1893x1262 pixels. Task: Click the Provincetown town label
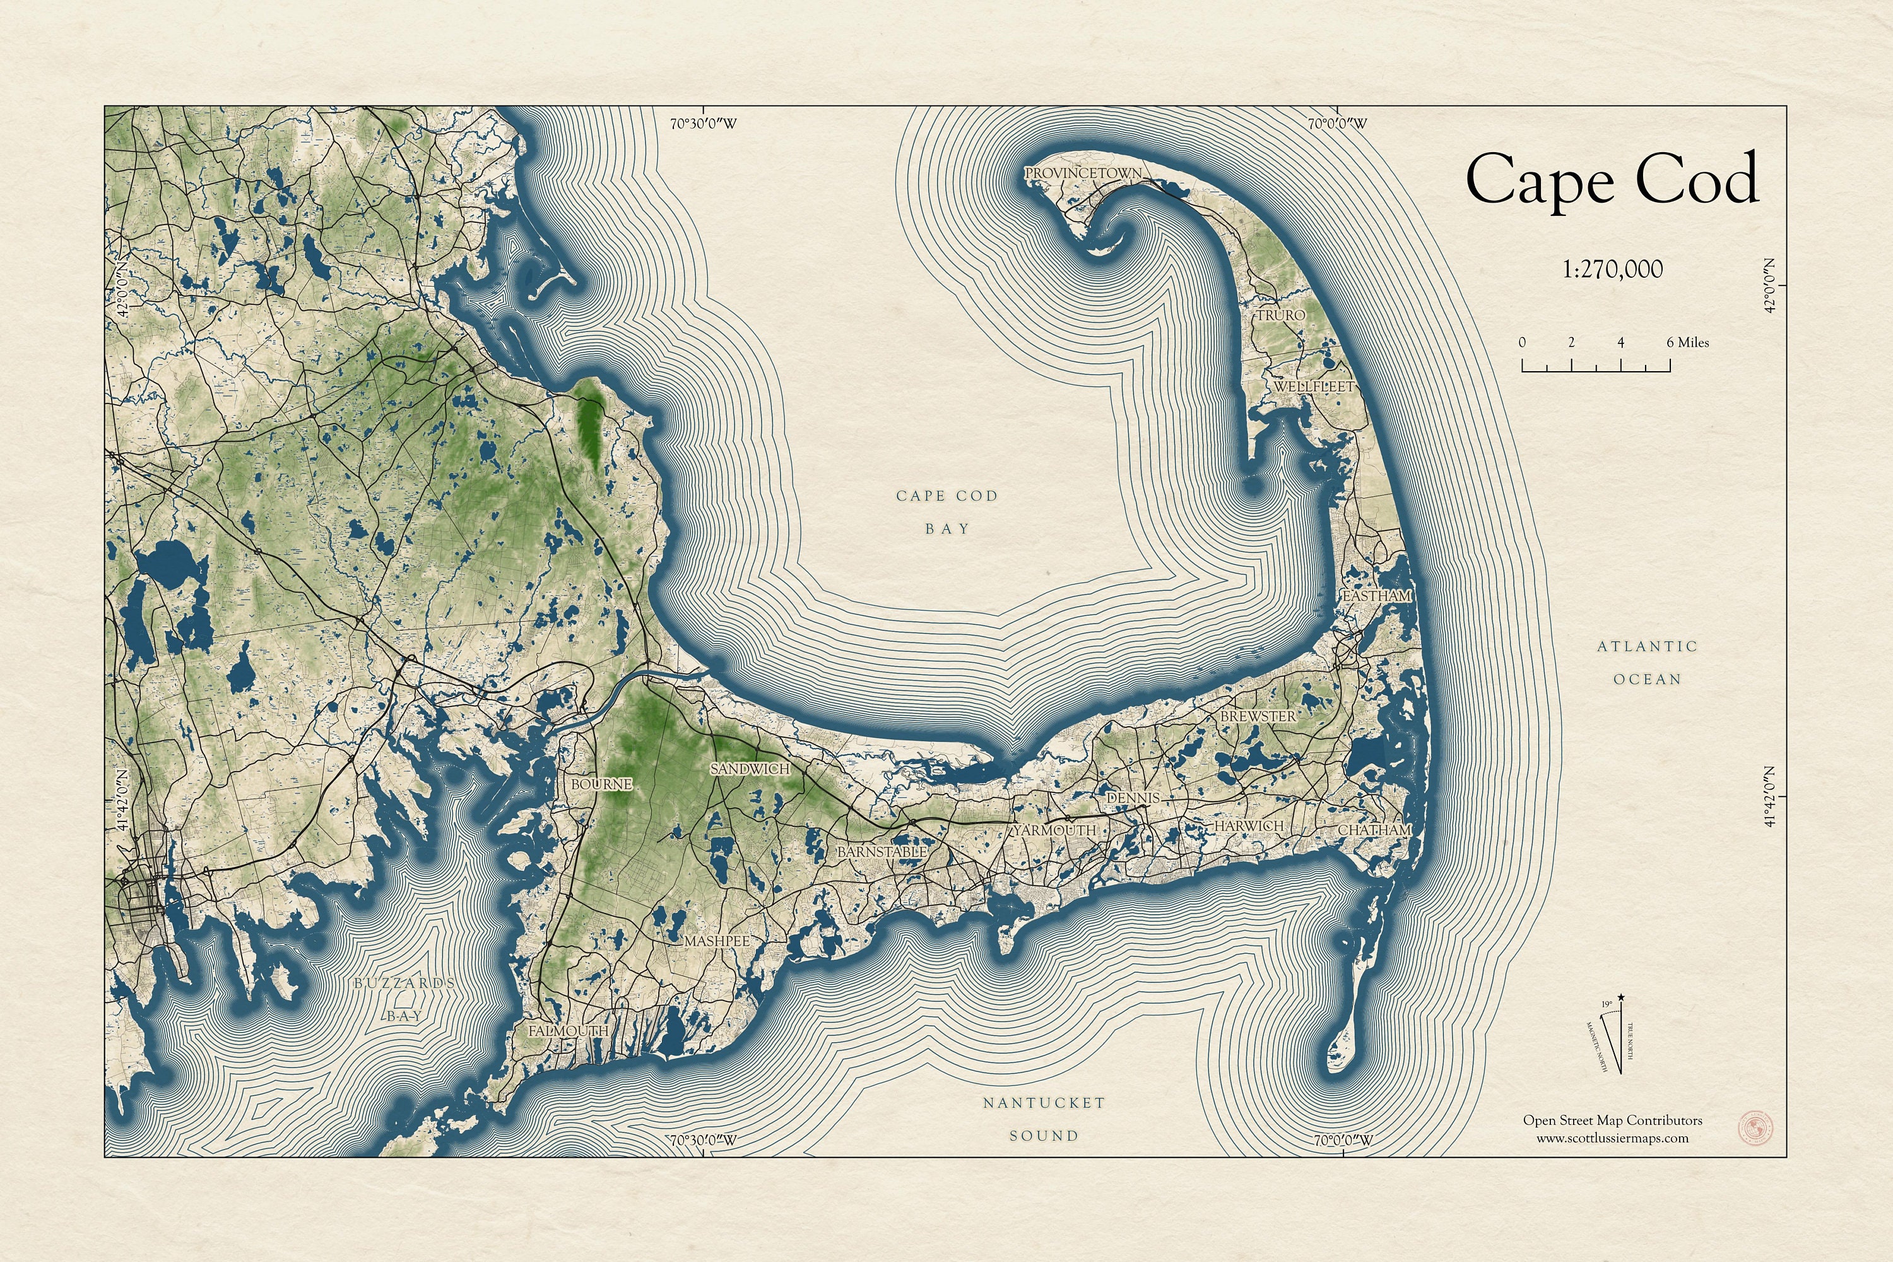pos(1082,173)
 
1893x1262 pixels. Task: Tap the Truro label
pos(1281,316)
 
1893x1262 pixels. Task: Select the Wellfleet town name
pos(1314,386)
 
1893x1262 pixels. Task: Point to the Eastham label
pos(1376,595)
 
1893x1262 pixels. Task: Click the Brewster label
pos(1258,715)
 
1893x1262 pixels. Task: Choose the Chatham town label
pos(1374,830)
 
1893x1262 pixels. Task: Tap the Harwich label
pos(1249,826)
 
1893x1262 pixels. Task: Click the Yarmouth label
pos(1054,830)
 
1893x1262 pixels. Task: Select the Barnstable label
pos(882,852)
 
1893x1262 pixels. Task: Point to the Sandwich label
pos(750,770)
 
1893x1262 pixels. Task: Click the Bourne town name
pos(601,784)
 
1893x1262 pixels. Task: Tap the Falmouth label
pos(568,1031)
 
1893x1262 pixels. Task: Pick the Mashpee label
pos(717,941)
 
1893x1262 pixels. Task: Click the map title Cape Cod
pos(1612,181)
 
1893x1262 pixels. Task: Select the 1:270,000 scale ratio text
pos(1612,269)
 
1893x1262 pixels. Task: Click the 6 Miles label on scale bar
pos(1687,342)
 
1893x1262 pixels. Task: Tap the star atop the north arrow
pos(1621,998)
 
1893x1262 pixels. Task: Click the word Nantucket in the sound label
pos(1044,1103)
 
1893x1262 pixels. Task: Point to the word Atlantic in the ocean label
pos(1647,646)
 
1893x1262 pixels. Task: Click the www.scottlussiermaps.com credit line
pos(1612,1138)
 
